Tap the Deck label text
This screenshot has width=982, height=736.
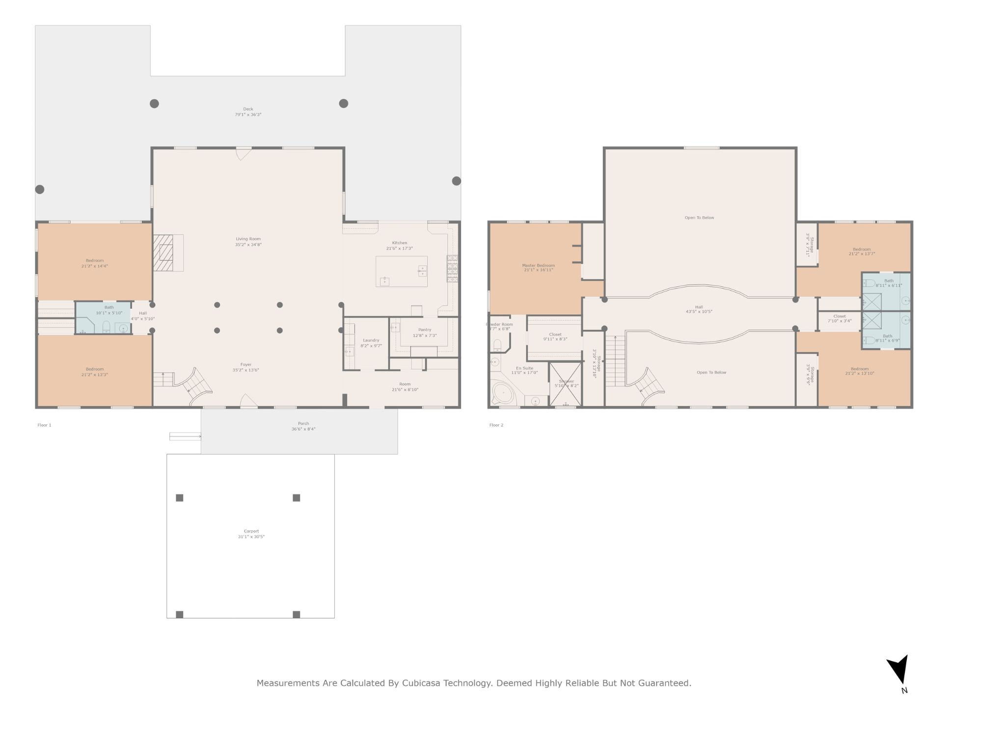248,109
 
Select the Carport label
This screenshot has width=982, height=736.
251,531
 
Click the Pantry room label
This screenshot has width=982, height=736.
425,330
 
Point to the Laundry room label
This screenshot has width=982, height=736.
371,340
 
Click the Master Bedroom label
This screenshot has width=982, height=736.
538,266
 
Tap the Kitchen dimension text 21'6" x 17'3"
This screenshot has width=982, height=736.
399,248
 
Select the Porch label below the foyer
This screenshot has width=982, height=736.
303,423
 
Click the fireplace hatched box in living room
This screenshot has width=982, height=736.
163,252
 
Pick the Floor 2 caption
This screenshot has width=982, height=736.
496,425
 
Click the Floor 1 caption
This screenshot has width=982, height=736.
44,425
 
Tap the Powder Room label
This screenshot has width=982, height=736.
500,325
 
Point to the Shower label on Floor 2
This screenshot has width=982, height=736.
566,381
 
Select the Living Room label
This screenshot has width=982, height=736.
248,239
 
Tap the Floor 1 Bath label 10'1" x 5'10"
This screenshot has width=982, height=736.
109,310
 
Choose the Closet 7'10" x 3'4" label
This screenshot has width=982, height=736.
840,318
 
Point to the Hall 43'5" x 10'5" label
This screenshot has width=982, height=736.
699,309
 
